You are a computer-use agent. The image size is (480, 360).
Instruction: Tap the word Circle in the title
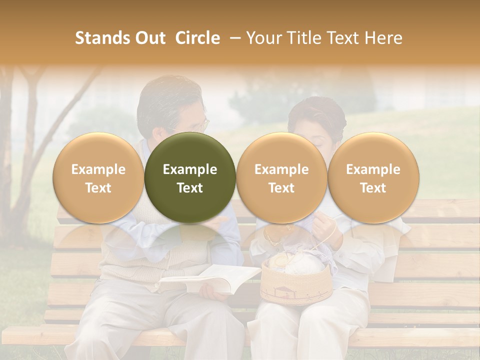(x=197, y=38)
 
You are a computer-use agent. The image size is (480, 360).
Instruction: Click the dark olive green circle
(x=190, y=178)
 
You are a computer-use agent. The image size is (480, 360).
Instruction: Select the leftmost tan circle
(x=98, y=178)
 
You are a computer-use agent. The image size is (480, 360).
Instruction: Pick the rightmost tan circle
(x=373, y=178)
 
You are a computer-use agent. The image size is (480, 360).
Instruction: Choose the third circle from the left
(x=281, y=178)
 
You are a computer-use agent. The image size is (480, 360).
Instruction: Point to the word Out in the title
(x=150, y=38)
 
